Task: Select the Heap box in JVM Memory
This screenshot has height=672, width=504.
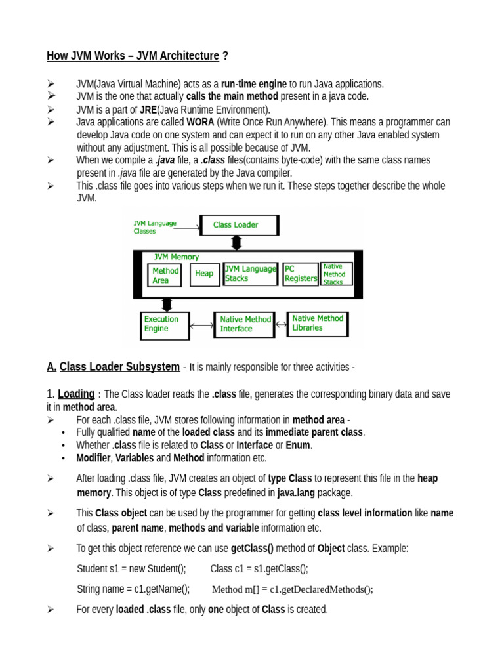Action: click(x=204, y=274)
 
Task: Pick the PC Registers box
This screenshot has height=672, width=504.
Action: click(x=300, y=274)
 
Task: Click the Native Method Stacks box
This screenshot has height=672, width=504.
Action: click(x=336, y=274)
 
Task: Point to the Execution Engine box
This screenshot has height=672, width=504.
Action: click(x=165, y=324)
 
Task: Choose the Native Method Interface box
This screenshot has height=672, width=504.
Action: click(x=244, y=324)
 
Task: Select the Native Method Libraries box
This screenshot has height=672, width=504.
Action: click(x=318, y=323)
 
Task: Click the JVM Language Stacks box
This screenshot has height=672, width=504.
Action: click(x=250, y=274)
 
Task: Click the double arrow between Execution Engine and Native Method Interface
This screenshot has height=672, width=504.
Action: click(x=201, y=325)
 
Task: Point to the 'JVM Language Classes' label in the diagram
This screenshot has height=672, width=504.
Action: click(x=156, y=227)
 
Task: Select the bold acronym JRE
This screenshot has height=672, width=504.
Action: click(x=148, y=110)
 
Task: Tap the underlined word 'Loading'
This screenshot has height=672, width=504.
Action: click(x=76, y=394)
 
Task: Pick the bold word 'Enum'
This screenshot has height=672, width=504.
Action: click(x=298, y=445)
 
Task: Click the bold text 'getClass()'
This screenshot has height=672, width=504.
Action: click(x=253, y=548)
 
